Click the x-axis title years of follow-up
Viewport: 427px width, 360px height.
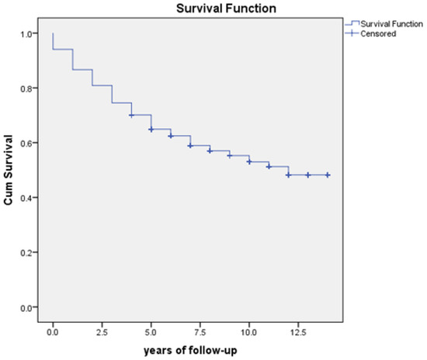190,350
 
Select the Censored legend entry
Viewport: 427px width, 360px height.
374,33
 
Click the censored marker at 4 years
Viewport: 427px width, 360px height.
131,116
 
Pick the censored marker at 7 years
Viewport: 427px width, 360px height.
190,146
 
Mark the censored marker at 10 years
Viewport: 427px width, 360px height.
249,161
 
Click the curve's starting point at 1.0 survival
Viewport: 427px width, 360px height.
53,34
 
